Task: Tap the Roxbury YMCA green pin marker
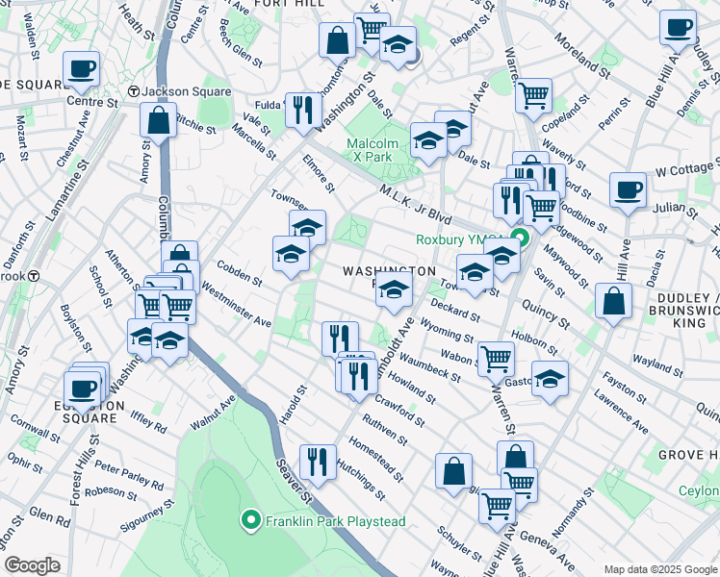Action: tap(521, 239)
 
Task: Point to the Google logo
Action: tap(32, 565)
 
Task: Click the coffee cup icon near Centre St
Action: tap(82, 68)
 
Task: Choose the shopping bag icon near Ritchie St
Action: tap(159, 121)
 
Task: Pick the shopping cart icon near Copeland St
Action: tap(532, 95)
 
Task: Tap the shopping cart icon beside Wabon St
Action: tap(496, 359)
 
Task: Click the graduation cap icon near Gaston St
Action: tap(550, 378)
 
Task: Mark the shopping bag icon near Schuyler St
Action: tap(453, 471)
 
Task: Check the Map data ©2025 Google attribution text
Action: tap(659, 568)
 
